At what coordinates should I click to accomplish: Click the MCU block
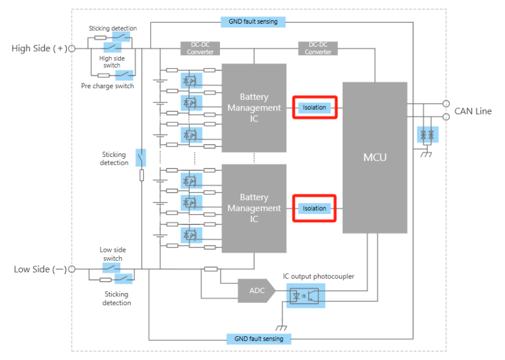374,157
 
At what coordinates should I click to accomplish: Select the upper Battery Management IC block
254,108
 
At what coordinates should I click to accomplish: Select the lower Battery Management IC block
254,208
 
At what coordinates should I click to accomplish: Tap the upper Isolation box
314,108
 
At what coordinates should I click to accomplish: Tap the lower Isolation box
314,209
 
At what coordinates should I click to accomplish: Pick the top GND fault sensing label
253,22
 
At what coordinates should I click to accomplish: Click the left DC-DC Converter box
200,49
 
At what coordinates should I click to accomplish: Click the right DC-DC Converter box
318,49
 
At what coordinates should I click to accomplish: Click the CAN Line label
473,111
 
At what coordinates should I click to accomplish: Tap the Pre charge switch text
108,86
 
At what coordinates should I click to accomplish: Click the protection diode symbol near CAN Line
427,135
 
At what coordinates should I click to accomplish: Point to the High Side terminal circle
72,49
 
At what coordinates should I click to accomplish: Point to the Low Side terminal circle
72,269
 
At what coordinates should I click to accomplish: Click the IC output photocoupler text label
318,277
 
